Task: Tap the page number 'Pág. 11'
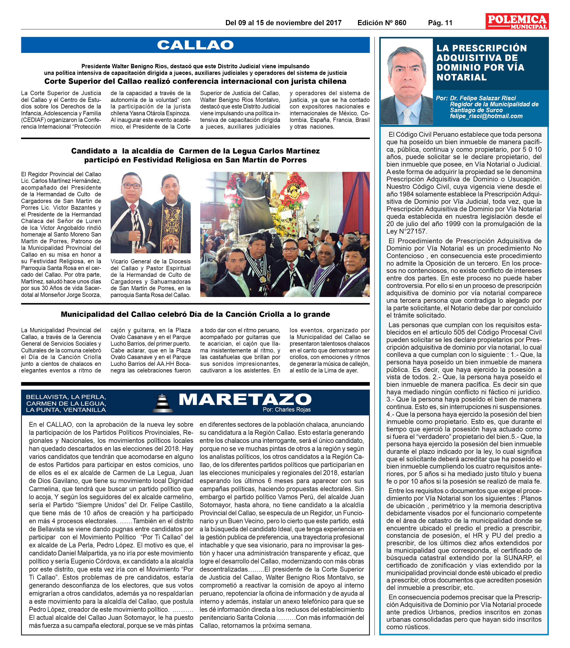(x=440, y=23)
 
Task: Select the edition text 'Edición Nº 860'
(x=382, y=23)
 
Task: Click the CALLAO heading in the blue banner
(x=195, y=45)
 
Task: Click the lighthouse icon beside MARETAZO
(x=163, y=403)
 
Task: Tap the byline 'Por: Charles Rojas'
(x=287, y=410)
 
